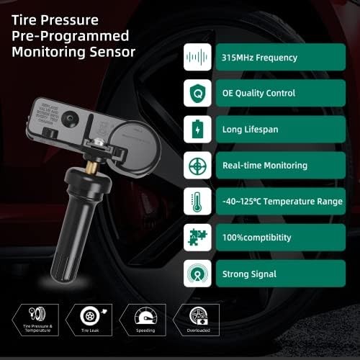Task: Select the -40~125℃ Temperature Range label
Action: tap(283, 201)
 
